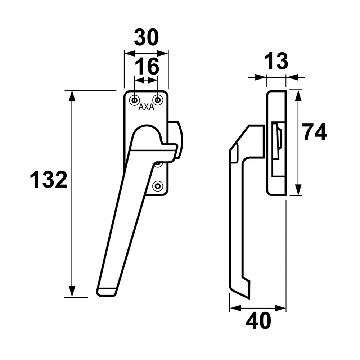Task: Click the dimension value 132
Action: pyautogui.click(x=49, y=180)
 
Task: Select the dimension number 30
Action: pyautogui.click(x=146, y=38)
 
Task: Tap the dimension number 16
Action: pyautogui.click(x=147, y=67)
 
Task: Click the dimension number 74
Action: pyautogui.click(x=314, y=132)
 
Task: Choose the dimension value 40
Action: pyautogui.click(x=258, y=321)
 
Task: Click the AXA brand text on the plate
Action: pyautogui.click(x=146, y=107)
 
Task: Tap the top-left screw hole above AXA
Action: pyautogui.click(x=135, y=99)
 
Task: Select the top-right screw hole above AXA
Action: pyautogui.click(x=157, y=99)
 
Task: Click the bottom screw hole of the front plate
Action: pyautogui.click(x=157, y=186)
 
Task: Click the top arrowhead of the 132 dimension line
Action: pyautogui.click(x=72, y=96)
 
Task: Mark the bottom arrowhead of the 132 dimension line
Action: pyautogui.click(x=72, y=292)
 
